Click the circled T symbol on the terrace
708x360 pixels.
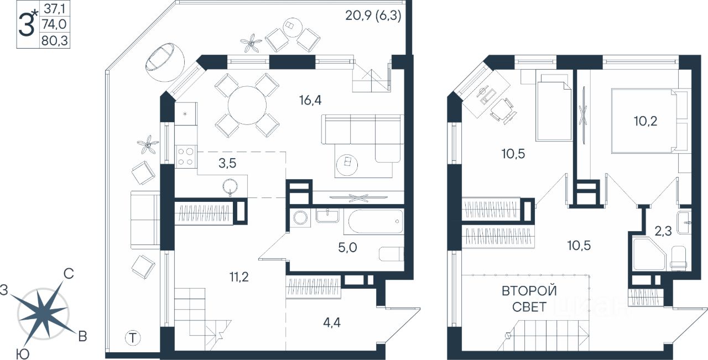click(132, 337)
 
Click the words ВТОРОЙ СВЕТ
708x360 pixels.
click(529, 299)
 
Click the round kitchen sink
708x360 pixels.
click(231, 187)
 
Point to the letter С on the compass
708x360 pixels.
click(69, 273)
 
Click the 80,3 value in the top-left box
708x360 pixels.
click(55, 40)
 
